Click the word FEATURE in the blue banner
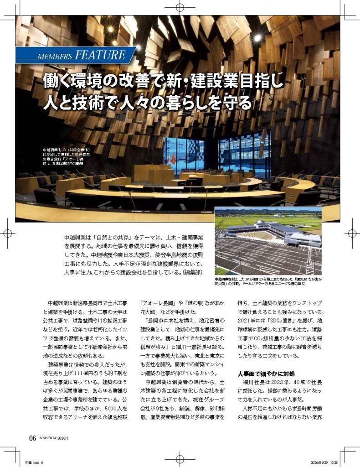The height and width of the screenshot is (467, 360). pos(99,55)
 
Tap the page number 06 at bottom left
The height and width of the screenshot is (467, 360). pos(32,438)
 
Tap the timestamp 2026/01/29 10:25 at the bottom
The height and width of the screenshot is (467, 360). pos(324,461)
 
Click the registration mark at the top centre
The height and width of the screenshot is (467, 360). pos(180,8)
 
